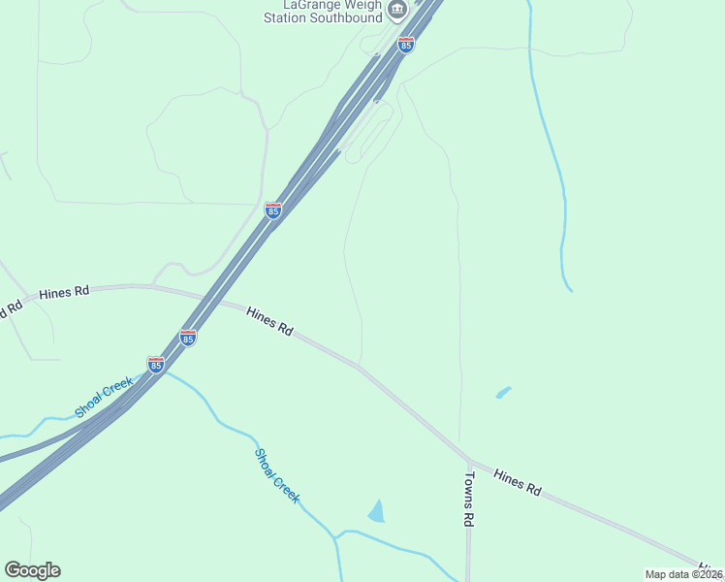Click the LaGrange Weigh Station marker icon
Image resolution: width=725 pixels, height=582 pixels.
pyautogui.click(x=396, y=10)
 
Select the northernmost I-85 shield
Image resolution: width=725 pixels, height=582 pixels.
pyautogui.click(x=406, y=45)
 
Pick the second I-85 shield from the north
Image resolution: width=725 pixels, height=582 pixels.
pyautogui.click(x=273, y=210)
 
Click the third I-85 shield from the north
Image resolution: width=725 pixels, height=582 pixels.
pyautogui.click(x=188, y=338)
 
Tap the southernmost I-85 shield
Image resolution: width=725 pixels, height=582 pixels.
pyautogui.click(x=156, y=364)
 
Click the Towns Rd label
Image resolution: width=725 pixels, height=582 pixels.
pyautogui.click(x=467, y=499)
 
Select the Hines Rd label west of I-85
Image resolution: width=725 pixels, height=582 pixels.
pyautogui.click(x=64, y=291)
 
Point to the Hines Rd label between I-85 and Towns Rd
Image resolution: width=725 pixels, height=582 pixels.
pyautogui.click(x=269, y=321)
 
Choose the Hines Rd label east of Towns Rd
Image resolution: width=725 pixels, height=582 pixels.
pyautogui.click(x=517, y=482)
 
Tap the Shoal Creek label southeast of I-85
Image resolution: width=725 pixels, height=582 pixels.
pyautogui.click(x=277, y=475)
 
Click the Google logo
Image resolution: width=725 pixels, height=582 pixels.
pyautogui.click(x=32, y=570)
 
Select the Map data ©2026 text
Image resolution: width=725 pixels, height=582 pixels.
pyautogui.click(x=684, y=573)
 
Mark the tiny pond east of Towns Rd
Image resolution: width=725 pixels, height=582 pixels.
pyautogui.click(x=503, y=392)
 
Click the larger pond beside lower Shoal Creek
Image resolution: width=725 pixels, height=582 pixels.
pyautogui.click(x=377, y=511)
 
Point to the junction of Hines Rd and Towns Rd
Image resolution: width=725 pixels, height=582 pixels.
pyautogui.click(x=468, y=462)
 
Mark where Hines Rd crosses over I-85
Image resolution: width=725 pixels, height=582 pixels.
pyautogui.click(x=205, y=298)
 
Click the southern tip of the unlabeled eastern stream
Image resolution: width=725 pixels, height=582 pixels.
pyautogui.click(x=571, y=289)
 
